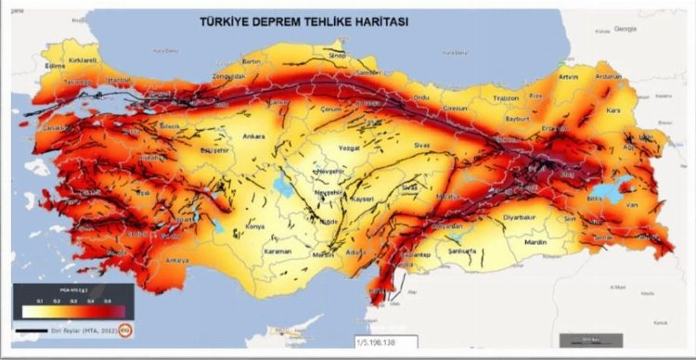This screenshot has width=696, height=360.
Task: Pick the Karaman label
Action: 277,251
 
